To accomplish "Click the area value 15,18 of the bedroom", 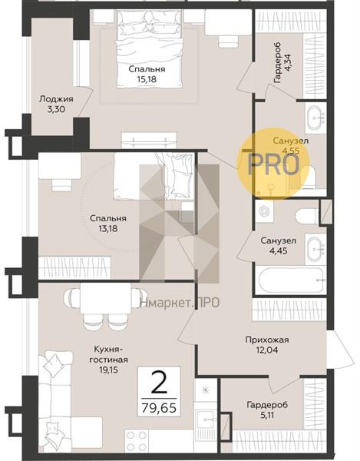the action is [x=147, y=79].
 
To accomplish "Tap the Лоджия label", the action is [x=56, y=99].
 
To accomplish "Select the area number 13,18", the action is [x=108, y=228].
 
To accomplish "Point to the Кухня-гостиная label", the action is [x=109, y=354].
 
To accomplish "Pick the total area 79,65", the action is [x=159, y=408].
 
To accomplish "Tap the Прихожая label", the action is [x=267, y=340].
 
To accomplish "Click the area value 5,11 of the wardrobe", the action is [x=267, y=415].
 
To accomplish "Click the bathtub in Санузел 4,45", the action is [x=290, y=280].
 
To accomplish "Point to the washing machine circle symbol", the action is [x=265, y=211].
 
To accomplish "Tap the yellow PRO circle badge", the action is [x=275, y=164].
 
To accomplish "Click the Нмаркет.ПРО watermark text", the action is [x=180, y=302].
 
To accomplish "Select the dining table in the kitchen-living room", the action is [x=106, y=299].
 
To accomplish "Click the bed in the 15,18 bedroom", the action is [x=149, y=49].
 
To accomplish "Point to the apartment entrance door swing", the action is [x=341, y=350].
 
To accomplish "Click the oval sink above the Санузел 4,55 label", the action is [x=316, y=118].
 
